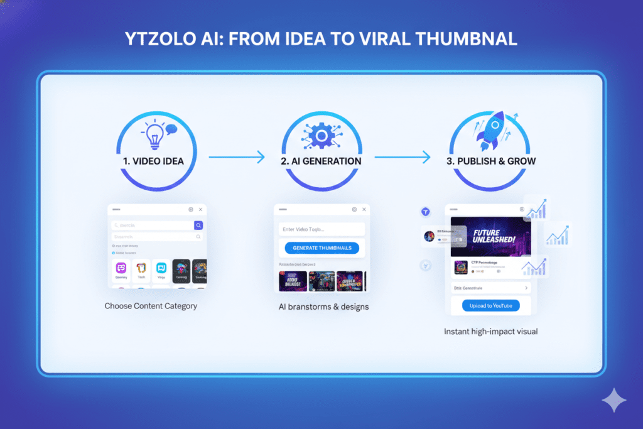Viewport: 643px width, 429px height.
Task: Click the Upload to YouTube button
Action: coord(490,306)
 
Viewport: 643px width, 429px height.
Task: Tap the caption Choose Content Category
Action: coord(151,306)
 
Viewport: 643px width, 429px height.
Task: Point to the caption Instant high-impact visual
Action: coord(490,331)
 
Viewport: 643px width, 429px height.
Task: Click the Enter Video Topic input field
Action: coord(321,229)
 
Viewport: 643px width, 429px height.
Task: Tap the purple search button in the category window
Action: coord(198,225)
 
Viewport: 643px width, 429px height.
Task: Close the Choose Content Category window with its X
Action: coord(200,210)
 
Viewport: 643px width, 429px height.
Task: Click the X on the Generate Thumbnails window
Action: coord(365,209)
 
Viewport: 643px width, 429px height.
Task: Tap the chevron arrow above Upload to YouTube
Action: coord(526,288)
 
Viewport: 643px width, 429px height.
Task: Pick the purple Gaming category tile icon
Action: coord(121,268)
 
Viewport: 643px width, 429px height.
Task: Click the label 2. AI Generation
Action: coord(321,161)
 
